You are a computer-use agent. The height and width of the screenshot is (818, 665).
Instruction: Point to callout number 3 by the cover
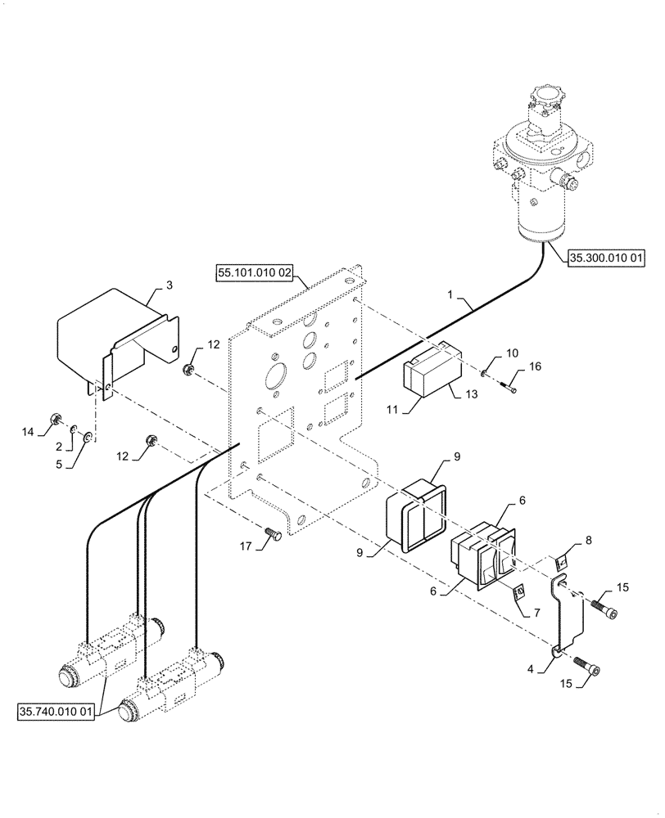[x=169, y=285]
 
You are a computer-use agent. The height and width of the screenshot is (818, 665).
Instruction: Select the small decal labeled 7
[x=518, y=591]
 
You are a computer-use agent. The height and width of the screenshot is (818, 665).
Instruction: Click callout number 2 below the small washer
[x=59, y=446]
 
